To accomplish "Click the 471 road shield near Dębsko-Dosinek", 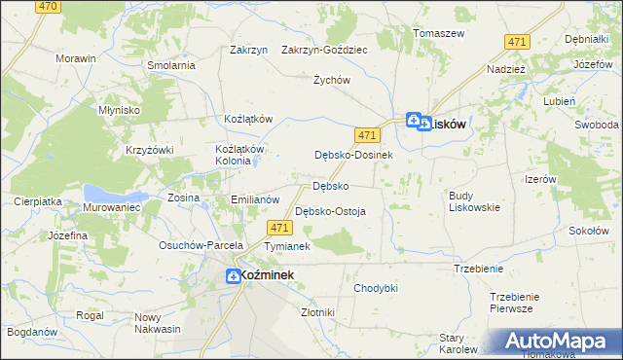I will pyautogui.click(x=367, y=134).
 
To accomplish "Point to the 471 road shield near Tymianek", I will pyautogui.click(x=279, y=228).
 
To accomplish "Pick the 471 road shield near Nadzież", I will pyautogui.click(x=518, y=41).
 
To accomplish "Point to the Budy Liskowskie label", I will pyautogui.click(x=475, y=200).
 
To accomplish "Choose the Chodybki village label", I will pyautogui.click(x=376, y=288).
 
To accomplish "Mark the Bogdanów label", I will pyautogui.click(x=31, y=333).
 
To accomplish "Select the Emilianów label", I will pyautogui.click(x=255, y=199).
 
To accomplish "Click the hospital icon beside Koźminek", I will pyautogui.click(x=234, y=276).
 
